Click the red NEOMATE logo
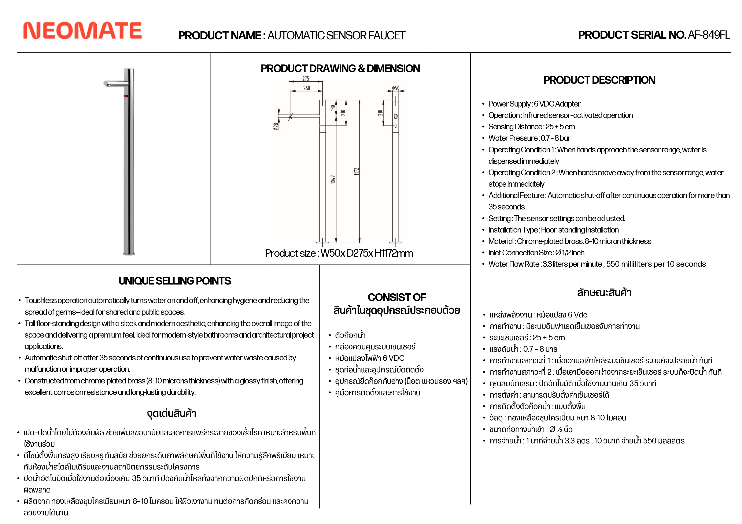[x=82, y=31]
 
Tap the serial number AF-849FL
[x=709, y=35]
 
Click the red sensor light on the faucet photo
[x=126, y=96]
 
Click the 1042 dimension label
[x=333, y=179]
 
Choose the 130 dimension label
[x=333, y=108]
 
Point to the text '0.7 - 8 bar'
[x=555, y=138]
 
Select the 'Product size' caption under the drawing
[x=339, y=253]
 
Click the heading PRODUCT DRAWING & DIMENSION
[x=340, y=68]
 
